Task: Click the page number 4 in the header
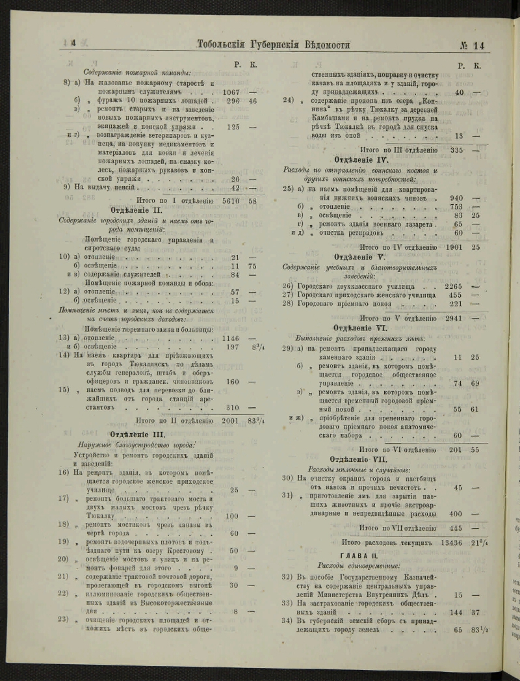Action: (x=73, y=44)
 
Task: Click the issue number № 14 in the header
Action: (x=477, y=45)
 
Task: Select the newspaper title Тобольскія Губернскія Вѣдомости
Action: (x=273, y=44)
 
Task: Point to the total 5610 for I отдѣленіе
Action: (x=231, y=201)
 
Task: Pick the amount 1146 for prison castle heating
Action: (x=231, y=338)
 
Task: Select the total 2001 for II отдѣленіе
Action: (x=231, y=420)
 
